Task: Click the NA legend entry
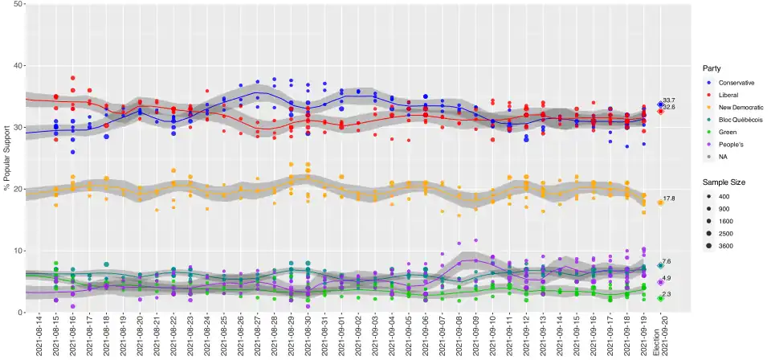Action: pyautogui.click(x=723, y=156)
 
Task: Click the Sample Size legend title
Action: pyautogui.click(x=724, y=182)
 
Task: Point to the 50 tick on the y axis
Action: pyautogui.click(x=18, y=4)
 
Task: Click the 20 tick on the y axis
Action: pyautogui.click(x=18, y=189)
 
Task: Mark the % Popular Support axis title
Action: pyautogui.click(x=6, y=157)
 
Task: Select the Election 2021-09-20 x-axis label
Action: pyautogui.click(x=659, y=337)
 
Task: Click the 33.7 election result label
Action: pyautogui.click(x=669, y=100)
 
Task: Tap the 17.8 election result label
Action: pyautogui.click(x=669, y=198)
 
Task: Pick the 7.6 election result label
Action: pyautogui.click(x=666, y=262)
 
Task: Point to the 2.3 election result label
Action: pyautogui.click(x=666, y=295)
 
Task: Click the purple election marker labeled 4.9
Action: pyautogui.click(x=660, y=282)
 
